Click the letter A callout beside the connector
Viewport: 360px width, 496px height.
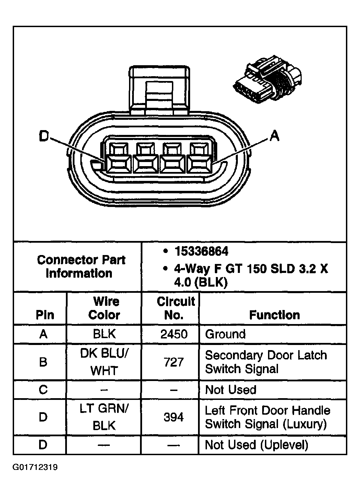[x=274, y=136]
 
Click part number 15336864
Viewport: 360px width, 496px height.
[x=201, y=252]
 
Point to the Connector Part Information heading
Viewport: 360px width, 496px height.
[x=81, y=267]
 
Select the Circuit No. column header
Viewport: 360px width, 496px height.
[x=175, y=308]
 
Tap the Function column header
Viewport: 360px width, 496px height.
[x=274, y=315]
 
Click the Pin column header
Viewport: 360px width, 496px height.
[x=45, y=315]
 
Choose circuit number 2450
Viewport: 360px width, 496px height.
[x=174, y=334]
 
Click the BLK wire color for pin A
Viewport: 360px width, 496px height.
[x=104, y=334]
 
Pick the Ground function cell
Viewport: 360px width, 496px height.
[x=225, y=334]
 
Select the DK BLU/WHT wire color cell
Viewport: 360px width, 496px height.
[x=104, y=362]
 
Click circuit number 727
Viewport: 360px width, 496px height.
[x=174, y=362]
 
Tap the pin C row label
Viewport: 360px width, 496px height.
[x=43, y=390]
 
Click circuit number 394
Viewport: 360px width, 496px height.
[x=174, y=417]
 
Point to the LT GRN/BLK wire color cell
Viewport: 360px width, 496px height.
[x=104, y=417]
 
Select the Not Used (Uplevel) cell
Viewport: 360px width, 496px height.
[x=256, y=445]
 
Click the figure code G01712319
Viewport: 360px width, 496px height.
[x=35, y=468]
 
